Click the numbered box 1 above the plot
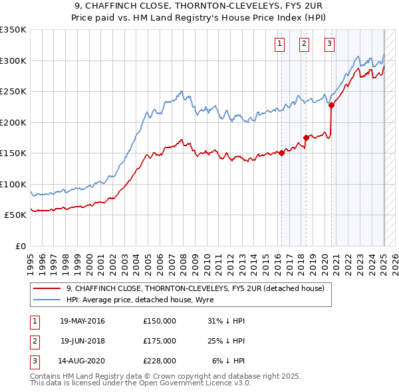click(279, 45)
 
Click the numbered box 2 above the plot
click(304, 45)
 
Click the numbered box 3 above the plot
click(329, 45)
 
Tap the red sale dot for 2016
click(281, 153)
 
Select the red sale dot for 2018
click(306, 138)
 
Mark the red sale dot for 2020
click(331, 105)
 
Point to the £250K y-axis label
click(13, 92)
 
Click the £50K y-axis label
click(15, 215)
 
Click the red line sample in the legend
click(47, 288)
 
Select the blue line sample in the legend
click(47, 300)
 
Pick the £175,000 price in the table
click(159, 341)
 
